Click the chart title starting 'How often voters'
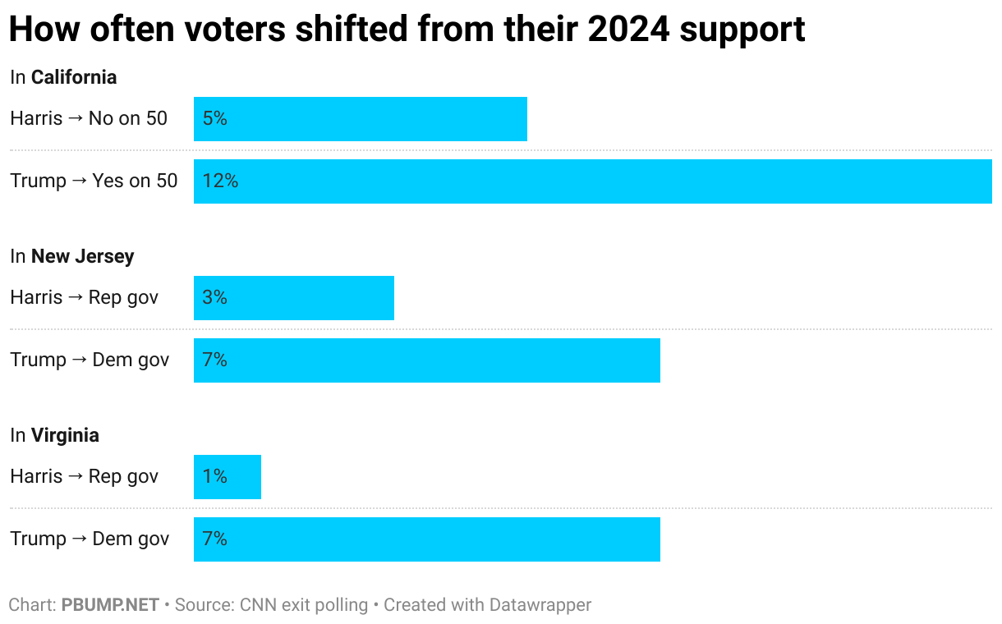click(x=407, y=30)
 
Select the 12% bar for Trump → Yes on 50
click(x=592, y=181)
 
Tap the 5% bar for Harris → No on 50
click(x=360, y=119)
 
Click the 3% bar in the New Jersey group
click(x=293, y=298)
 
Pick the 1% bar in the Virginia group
click(x=227, y=477)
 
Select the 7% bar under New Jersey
click(x=426, y=360)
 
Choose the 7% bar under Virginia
click(x=426, y=539)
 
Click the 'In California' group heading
click(x=63, y=77)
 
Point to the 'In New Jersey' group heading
click(x=71, y=256)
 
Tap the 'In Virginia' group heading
click(x=54, y=435)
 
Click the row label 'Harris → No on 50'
click(x=89, y=118)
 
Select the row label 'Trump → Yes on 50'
click(x=94, y=181)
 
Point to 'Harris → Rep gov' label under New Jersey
click(x=84, y=297)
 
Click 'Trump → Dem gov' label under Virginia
click(x=90, y=539)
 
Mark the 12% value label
click(x=220, y=181)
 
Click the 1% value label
click(x=214, y=477)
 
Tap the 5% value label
click(x=214, y=119)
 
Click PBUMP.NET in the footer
click(x=110, y=605)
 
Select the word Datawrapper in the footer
click(x=540, y=605)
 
